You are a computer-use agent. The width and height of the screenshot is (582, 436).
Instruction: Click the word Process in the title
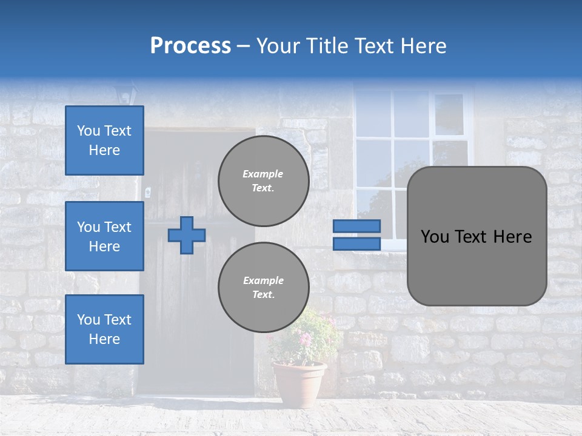(190, 46)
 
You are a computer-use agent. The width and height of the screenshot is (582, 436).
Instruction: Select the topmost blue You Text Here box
(104, 140)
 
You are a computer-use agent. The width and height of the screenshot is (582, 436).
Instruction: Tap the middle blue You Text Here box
(104, 236)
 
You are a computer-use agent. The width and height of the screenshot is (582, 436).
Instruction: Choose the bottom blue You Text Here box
(104, 329)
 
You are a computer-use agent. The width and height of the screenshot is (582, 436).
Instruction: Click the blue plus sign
(187, 235)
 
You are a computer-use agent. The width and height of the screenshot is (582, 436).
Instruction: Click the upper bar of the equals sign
(356, 226)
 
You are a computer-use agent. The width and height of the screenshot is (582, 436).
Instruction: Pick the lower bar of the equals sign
(356, 243)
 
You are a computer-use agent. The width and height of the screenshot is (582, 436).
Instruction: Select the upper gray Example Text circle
(263, 181)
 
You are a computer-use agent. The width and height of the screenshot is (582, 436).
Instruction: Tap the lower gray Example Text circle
(263, 288)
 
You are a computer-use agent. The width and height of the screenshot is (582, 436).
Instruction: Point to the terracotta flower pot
(299, 383)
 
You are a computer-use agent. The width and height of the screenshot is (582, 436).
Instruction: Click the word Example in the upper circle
(263, 174)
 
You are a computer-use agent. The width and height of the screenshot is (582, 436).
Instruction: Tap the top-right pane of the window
(449, 114)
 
